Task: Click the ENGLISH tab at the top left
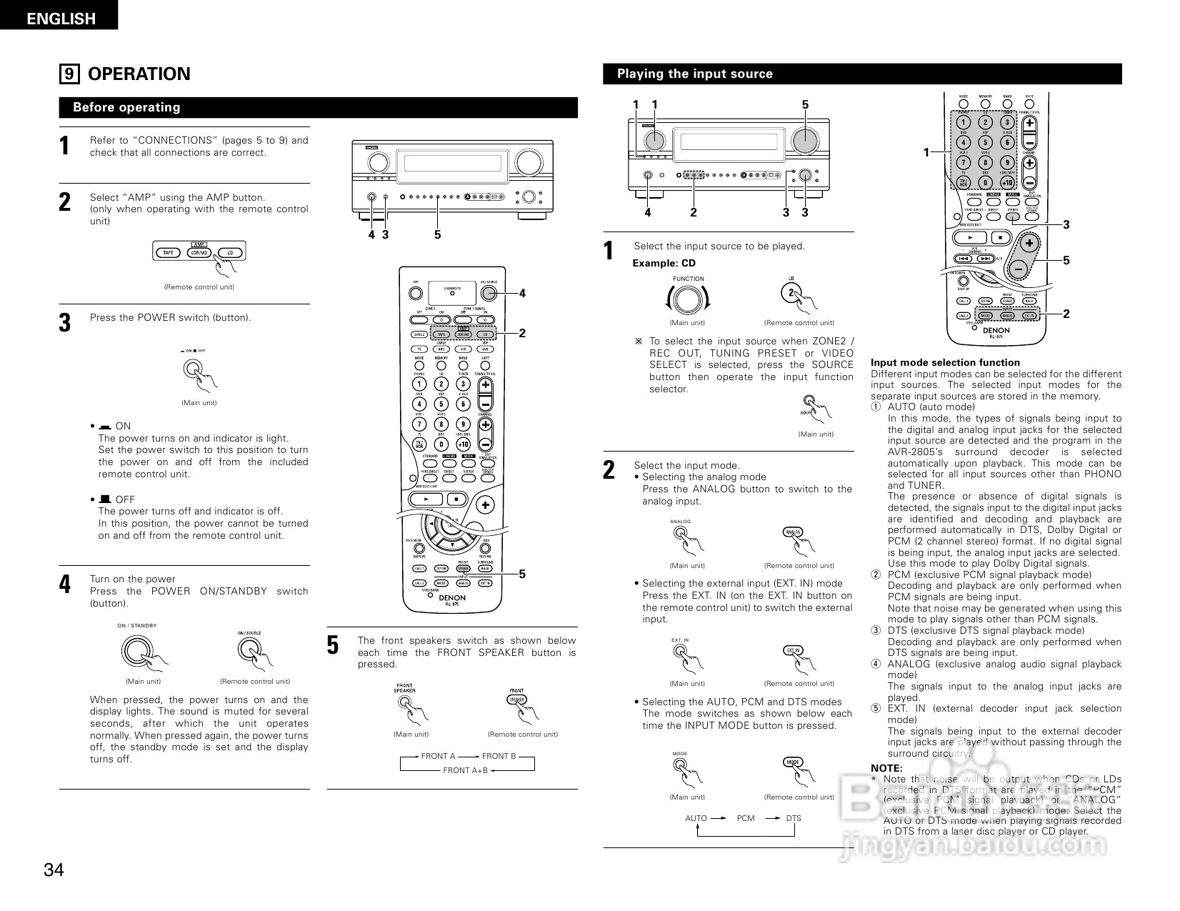pyautogui.click(x=60, y=19)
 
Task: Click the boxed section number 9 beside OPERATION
pyautogui.click(x=69, y=74)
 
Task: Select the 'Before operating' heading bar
pyautogui.click(x=318, y=108)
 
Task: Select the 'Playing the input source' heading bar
pyautogui.click(x=862, y=74)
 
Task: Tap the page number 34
pyautogui.click(x=54, y=870)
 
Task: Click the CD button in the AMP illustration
pyautogui.click(x=229, y=252)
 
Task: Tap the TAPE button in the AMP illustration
pyautogui.click(x=169, y=252)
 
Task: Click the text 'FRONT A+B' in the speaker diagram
pyautogui.click(x=465, y=770)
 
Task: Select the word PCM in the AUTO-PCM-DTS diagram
pyautogui.click(x=745, y=818)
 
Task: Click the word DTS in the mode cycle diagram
pyautogui.click(x=794, y=818)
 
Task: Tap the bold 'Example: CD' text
pyautogui.click(x=664, y=263)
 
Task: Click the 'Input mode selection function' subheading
pyautogui.click(x=945, y=362)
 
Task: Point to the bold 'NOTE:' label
pyautogui.click(x=886, y=768)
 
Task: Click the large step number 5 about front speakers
pyautogui.click(x=333, y=645)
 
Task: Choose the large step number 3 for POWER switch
pyautogui.click(x=65, y=323)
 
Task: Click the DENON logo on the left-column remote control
pyautogui.click(x=451, y=597)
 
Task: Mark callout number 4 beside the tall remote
pyautogui.click(x=522, y=293)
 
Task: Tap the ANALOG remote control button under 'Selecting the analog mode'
pyautogui.click(x=793, y=532)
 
